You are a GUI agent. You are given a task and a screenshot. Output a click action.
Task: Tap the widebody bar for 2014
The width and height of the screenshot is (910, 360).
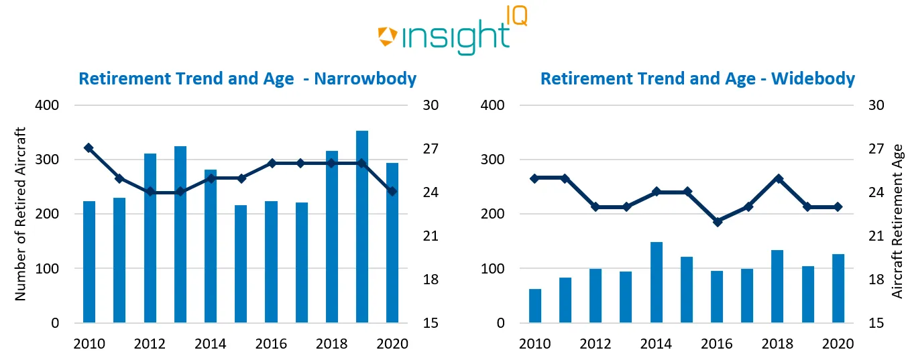[656, 282]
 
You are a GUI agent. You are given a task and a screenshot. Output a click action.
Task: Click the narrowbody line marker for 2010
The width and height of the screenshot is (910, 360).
[89, 147]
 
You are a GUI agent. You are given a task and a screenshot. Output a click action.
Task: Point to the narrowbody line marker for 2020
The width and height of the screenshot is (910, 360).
[392, 191]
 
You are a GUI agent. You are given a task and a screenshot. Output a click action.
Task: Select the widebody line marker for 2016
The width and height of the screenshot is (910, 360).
[717, 221]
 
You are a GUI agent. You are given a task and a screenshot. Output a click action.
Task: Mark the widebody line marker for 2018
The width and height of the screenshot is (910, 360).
[778, 178]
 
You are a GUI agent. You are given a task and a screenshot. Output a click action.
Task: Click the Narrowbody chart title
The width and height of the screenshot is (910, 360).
[247, 79]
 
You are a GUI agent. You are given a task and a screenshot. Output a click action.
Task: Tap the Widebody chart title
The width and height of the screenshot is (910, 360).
[697, 79]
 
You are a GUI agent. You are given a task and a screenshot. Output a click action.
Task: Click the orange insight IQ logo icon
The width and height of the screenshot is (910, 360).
[388, 36]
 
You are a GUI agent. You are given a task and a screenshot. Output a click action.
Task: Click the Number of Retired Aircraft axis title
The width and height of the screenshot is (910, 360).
[20, 213]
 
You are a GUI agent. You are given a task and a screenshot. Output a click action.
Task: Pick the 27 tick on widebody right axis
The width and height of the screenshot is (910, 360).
[876, 149]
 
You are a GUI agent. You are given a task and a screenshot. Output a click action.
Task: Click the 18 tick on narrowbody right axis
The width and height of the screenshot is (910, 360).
[429, 280]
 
